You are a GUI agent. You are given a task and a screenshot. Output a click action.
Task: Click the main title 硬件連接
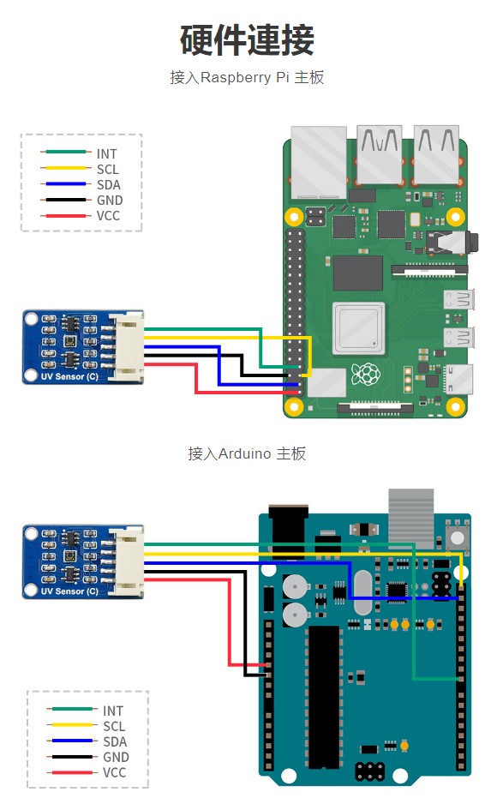(x=247, y=39)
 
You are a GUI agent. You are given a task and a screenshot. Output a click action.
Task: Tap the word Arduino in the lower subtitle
(x=244, y=453)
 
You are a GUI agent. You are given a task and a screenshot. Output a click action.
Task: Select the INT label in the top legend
(x=106, y=153)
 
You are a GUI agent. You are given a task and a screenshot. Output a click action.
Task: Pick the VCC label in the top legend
(x=108, y=216)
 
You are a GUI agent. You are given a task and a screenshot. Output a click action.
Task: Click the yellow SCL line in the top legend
(x=66, y=168)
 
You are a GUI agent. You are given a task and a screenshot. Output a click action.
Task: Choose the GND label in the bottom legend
(x=116, y=758)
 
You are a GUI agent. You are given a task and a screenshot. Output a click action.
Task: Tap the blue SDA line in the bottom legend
(x=72, y=741)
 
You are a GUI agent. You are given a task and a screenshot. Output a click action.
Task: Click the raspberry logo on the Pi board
(x=366, y=374)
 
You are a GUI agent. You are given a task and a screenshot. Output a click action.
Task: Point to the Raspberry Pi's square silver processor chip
(x=358, y=328)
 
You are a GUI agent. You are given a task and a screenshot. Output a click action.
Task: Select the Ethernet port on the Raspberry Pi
(x=319, y=162)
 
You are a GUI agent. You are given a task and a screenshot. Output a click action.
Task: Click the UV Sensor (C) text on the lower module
(x=69, y=591)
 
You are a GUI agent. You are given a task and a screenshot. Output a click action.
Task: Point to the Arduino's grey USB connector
(x=410, y=519)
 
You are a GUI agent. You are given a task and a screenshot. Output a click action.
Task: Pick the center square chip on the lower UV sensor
(x=69, y=555)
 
